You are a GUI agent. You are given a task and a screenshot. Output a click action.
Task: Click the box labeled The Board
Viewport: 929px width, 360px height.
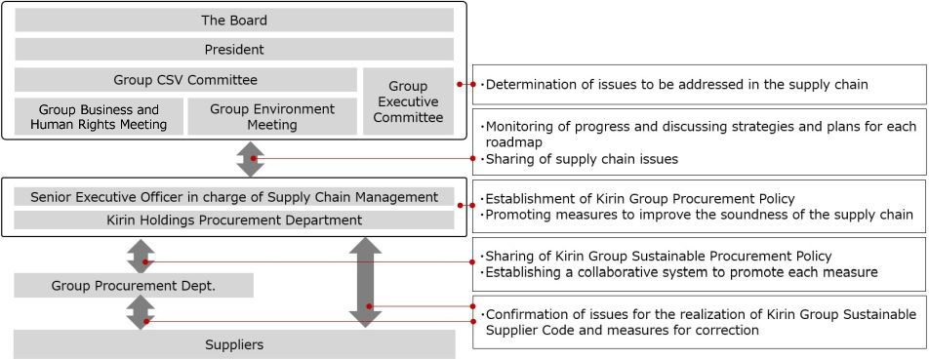pos(234,20)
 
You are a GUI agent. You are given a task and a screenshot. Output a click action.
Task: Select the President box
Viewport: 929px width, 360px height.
pos(234,49)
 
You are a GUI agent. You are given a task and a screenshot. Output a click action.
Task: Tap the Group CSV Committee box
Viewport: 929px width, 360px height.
pos(185,80)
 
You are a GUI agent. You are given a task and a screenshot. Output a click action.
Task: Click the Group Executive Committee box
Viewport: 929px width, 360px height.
pos(408,101)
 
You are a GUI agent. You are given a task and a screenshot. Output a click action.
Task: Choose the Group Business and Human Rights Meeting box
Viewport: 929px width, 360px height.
pos(98,117)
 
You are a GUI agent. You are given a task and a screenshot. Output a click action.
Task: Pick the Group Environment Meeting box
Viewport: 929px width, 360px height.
pos(272,117)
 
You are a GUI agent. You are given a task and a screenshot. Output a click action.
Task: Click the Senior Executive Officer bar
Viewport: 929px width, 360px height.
pos(234,197)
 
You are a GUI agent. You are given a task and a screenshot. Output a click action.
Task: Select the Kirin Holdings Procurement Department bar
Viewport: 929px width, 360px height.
pos(234,220)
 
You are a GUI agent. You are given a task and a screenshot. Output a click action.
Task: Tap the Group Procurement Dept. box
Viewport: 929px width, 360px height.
pos(134,285)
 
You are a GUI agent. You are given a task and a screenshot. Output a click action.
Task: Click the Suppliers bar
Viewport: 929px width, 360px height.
pos(234,344)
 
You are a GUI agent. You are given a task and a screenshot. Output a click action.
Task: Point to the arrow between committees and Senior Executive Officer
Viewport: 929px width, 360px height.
pos(251,158)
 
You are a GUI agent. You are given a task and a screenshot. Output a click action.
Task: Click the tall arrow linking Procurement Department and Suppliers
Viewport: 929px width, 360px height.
pos(365,281)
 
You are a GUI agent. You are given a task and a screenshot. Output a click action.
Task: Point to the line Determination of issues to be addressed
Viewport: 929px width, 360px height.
pos(675,85)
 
